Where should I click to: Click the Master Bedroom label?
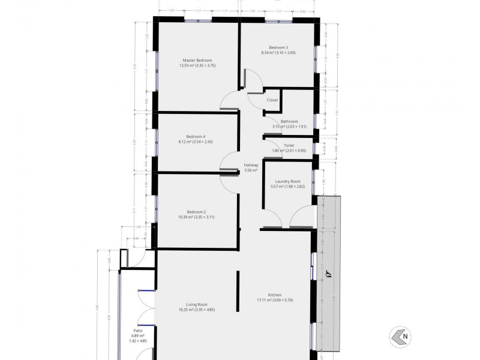click(x=197, y=60)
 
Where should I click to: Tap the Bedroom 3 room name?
click(x=278, y=47)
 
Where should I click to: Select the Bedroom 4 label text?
click(x=196, y=136)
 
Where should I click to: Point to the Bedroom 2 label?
click(x=196, y=212)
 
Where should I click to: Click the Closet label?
click(x=272, y=100)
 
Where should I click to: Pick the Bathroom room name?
click(x=289, y=121)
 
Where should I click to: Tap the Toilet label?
click(x=289, y=145)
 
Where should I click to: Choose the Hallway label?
click(x=251, y=165)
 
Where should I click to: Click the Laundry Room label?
click(x=287, y=181)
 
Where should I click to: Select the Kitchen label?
click(x=275, y=295)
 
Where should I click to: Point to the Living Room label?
click(x=196, y=304)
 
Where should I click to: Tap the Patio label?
click(x=137, y=330)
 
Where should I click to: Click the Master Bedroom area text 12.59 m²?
click(x=187, y=65)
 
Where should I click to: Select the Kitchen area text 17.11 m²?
click(x=265, y=300)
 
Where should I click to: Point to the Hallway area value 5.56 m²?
click(x=251, y=170)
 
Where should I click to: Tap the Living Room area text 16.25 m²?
click(x=186, y=310)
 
